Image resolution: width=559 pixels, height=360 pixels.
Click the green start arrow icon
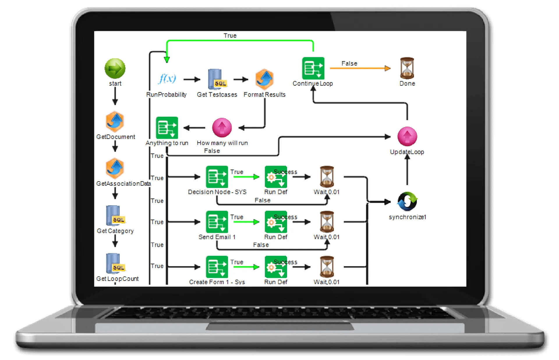click(115, 69)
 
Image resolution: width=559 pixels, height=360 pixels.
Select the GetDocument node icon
click(115, 122)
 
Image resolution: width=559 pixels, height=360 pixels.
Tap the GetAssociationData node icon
click(115, 169)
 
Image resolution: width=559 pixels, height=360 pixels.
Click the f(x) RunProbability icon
click(167, 79)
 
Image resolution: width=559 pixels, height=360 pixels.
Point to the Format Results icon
click(264, 79)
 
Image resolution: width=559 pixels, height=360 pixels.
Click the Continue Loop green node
click(313, 68)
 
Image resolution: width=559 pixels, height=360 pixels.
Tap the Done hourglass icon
click(407, 68)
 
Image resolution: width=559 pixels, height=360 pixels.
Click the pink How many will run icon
click(222, 127)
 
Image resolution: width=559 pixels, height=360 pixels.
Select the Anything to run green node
click(167, 128)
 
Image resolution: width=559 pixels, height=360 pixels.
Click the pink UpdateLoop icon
click(407, 136)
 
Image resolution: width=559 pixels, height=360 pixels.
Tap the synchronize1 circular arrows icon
click(407, 201)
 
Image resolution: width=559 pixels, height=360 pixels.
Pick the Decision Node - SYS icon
click(217, 177)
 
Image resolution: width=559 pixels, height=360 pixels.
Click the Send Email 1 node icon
click(217, 222)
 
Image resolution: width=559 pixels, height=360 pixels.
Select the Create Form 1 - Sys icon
click(217, 267)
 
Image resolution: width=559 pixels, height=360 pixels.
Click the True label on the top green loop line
click(230, 36)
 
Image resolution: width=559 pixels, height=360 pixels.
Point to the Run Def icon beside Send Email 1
click(276, 222)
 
